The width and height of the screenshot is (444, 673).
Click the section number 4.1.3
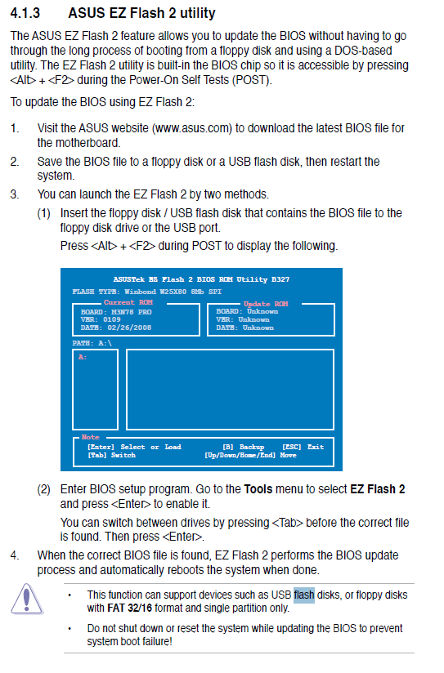[25, 13]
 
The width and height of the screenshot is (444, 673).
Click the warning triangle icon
[27, 599]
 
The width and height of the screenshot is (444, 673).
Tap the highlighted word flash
[304, 595]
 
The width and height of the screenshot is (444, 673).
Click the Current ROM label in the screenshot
[128, 302]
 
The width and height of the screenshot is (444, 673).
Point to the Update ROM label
[266, 304]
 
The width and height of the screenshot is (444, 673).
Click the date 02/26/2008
[129, 328]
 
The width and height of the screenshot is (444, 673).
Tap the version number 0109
[112, 319]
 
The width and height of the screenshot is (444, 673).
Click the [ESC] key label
[291, 447]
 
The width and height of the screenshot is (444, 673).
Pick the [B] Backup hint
[244, 447]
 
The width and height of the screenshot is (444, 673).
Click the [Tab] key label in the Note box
[96, 455]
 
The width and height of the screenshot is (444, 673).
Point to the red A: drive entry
[83, 357]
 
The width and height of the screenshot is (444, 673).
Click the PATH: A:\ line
[92, 343]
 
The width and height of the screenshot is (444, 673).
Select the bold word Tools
[258, 489]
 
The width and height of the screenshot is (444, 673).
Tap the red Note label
[90, 437]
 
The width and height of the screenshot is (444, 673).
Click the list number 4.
[15, 555]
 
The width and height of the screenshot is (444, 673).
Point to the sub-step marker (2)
[44, 489]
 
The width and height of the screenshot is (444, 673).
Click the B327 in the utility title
[280, 279]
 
